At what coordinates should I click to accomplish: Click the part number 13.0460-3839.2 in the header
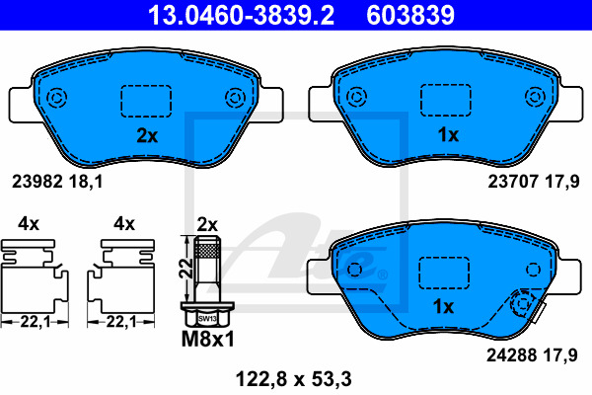pyautogui.click(x=241, y=15)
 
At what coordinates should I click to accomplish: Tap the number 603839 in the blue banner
pyautogui.click(x=410, y=15)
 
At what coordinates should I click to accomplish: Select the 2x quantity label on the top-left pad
pyautogui.click(x=147, y=135)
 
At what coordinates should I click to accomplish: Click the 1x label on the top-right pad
pyautogui.click(x=448, y=134)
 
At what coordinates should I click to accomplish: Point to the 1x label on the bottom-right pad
pyautogui.click(x=443, y=306)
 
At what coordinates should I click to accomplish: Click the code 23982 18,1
pyautogui.click(x=57, y=182)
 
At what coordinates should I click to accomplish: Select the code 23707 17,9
pyautogui.click(x=534, y=182)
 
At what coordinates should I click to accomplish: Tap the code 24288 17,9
pyautogui.click(x=532, y=355)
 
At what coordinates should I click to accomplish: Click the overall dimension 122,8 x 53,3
pyautogui.click(x=294, y=379)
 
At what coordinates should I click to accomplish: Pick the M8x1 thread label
pyautogui.click(x=208, y=339)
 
